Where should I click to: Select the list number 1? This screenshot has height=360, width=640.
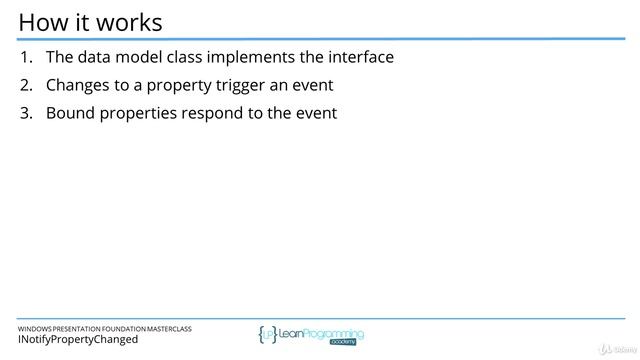(x=26, y=57)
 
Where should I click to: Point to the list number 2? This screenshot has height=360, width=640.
(x=26, y=85)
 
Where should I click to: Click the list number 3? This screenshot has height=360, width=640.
(x=26, y=113)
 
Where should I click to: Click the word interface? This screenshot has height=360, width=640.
(x=360, y=57)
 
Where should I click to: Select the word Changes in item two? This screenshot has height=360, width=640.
(x=80, y=85)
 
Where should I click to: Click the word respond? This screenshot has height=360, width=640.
(x=214, y=113)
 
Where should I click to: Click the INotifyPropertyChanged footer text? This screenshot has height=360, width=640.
(x=78, y=340)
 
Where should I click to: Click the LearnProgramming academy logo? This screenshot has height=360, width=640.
(x=310, y=335)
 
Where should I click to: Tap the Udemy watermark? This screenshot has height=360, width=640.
(x=614, y=350)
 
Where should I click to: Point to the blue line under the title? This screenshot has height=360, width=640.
(x=320, y=39)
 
